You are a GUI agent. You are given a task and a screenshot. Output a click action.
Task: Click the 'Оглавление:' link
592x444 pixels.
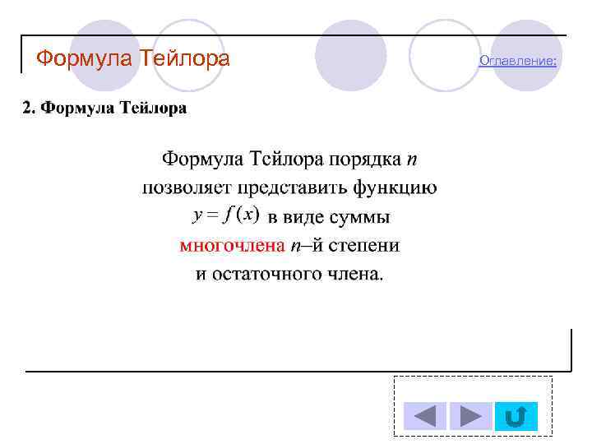pos(518,61)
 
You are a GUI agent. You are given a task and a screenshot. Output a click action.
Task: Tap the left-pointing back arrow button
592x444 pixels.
pos(425,416)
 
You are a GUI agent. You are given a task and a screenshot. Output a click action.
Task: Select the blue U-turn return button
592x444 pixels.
pos(516,416)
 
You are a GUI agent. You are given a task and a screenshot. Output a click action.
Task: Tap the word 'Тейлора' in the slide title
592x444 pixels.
pos(185,59)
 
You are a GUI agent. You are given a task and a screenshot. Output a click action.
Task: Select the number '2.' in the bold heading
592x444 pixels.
pos(29,109)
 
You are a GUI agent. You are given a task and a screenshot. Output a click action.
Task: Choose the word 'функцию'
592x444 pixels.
pos(395,187)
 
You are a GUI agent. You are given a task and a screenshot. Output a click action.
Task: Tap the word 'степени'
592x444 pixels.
pos(368,245)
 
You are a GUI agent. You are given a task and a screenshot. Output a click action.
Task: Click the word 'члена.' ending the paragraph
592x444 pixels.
pos(355,273)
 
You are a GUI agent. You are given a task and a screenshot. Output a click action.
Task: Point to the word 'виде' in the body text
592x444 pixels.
pos(303,217)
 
